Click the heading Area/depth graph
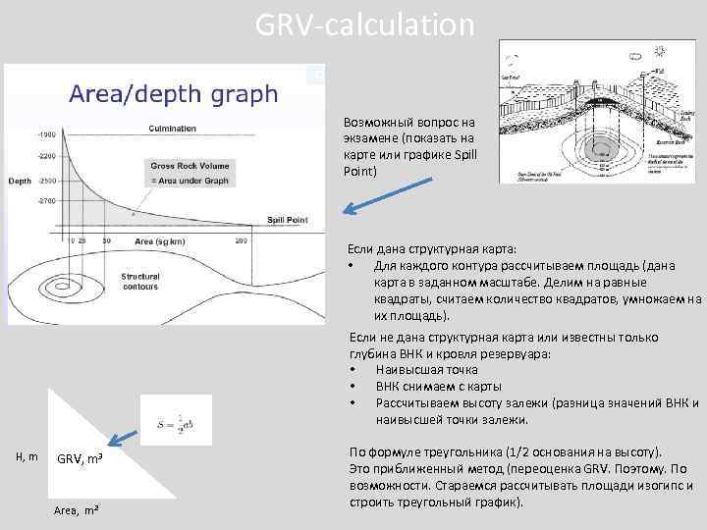coord(173,95)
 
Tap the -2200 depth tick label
coord(45,156)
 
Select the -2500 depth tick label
coord(45,182)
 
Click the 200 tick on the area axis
coord(241,240)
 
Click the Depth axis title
coord(20,182)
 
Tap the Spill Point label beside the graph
coord(287,221)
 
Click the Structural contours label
coord(139,282)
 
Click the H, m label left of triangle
coord(27,455)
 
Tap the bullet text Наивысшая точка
coord(426,370)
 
